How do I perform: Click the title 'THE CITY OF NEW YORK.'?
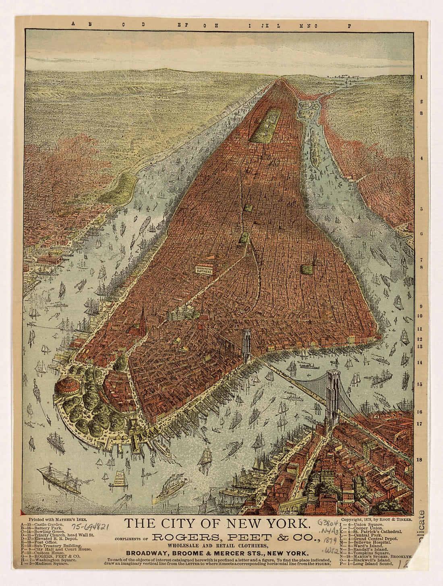[x=217, y=523]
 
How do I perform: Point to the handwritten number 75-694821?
[x=91, y=527]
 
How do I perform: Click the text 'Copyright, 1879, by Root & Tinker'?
[x=376, y=520]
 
